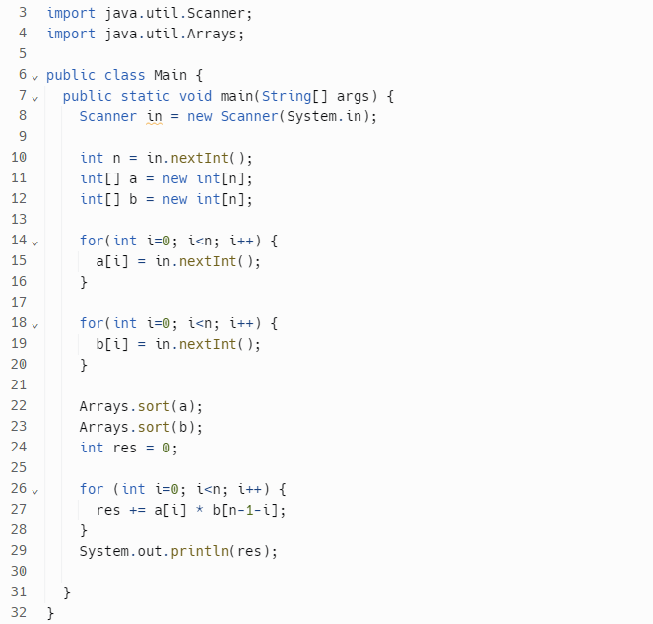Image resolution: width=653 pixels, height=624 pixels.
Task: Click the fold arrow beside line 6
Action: [35, 76]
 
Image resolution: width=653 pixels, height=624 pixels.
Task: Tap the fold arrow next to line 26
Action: [35, 490]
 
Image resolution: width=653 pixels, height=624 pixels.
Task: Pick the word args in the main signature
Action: [353, 96]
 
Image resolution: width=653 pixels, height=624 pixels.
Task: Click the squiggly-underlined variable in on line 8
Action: [155, 116]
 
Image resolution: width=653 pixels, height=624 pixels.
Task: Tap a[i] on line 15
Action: [108, 261]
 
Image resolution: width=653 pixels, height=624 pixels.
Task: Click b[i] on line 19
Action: [108, 344]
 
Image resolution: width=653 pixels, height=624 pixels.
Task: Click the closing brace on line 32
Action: [50, 613]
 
